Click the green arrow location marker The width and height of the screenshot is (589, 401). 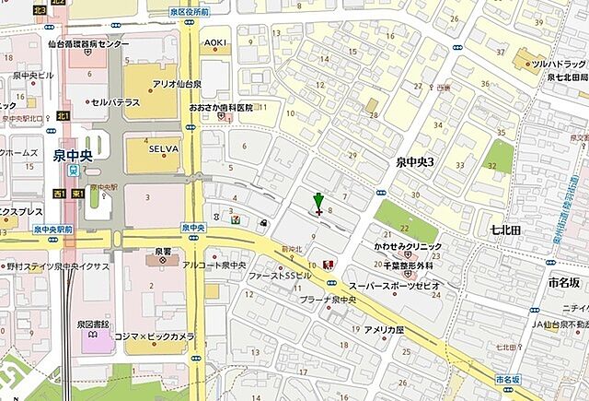click(x=318, y=203)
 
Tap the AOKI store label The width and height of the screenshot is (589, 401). click(x=215, y=43)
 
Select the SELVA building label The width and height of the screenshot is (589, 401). click(x=165, y=146)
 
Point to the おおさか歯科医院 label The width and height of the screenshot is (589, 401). click(x=221, y=108)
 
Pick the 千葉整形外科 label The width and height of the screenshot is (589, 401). click(x=410, y=265)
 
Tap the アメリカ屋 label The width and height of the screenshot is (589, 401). click(x=384, y=329)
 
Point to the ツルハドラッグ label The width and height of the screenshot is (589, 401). click(x=562, y=64)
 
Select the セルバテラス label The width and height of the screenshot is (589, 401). click(x=115, y=101)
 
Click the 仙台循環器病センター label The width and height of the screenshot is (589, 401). click(x=89, y=43)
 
